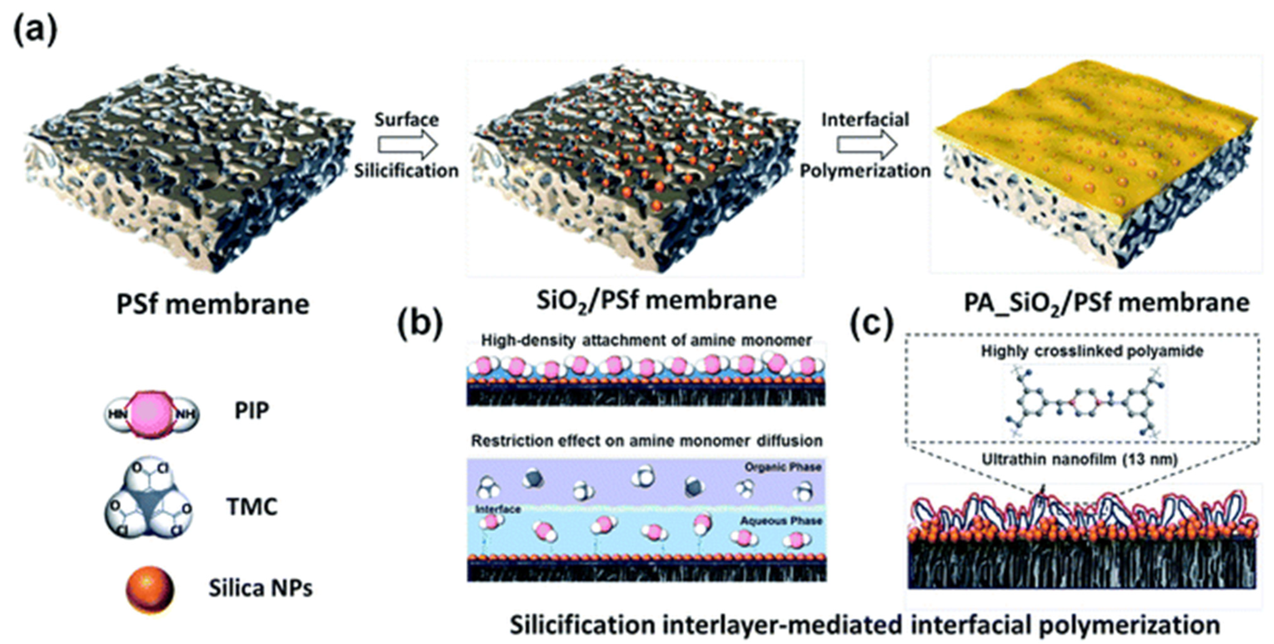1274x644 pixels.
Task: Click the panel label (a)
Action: click(x=34, y=31)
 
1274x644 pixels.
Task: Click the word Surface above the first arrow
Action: click(x=407, y=120)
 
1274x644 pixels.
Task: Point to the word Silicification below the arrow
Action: click(x=407, y=171)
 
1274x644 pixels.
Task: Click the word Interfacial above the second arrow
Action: click(x=865, y=120)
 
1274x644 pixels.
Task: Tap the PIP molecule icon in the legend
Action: click(x=151, y=414)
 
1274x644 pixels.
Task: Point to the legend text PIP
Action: click(x=252, y=411)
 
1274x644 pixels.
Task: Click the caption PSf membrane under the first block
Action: click(x=213, y=304)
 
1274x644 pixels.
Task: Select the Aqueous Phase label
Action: click(x=781, y=521)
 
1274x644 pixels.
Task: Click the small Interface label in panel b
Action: click(x=498, y=509)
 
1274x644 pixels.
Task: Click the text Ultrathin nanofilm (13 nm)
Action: click(x=1079, y=459)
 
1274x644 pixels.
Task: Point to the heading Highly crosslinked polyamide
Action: click(x=1092, y=351)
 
